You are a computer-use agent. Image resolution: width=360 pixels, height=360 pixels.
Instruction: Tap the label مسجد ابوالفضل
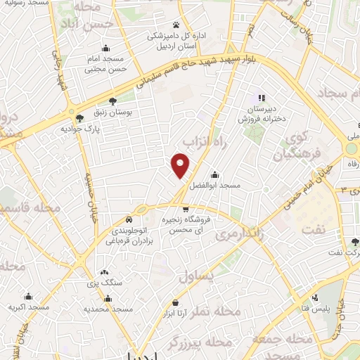tap(219, 186)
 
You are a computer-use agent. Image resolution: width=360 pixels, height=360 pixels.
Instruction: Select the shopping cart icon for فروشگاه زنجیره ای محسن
tap(185, 209)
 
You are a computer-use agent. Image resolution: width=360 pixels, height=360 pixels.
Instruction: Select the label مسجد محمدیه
tap(109, 308)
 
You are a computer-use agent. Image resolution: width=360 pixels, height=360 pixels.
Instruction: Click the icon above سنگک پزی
tap(104, 273)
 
